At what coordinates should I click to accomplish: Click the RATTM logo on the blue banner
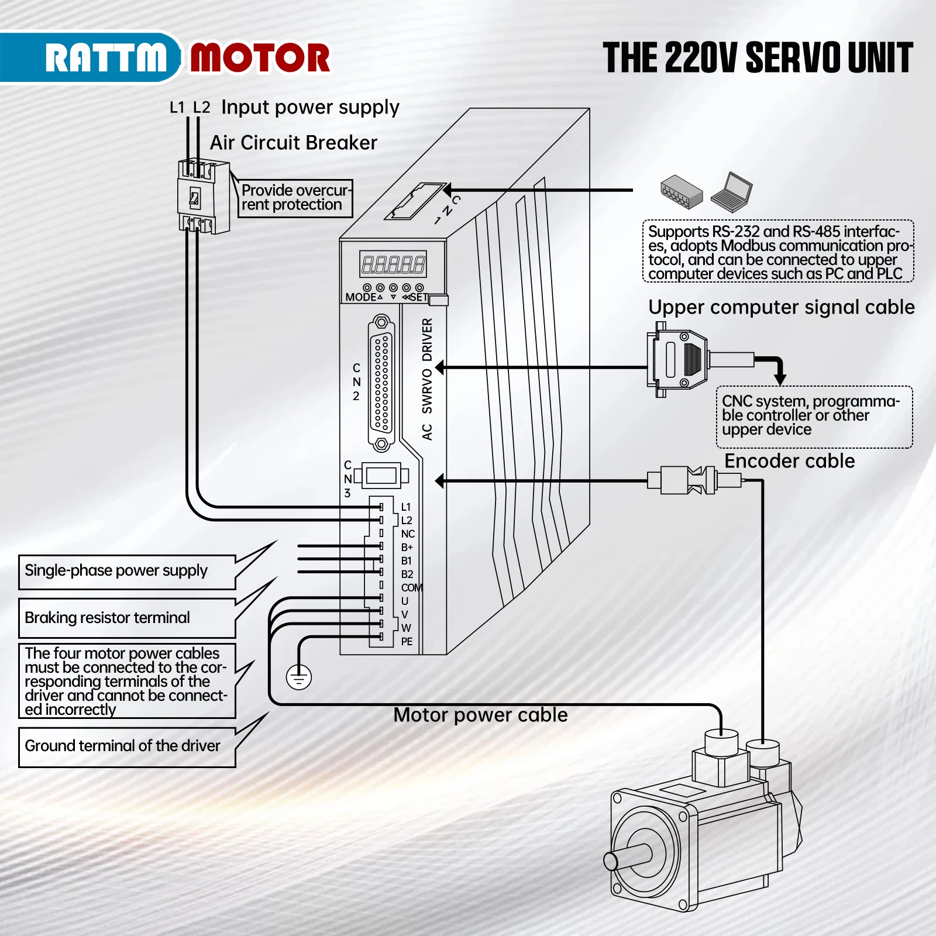[x=105, y=58]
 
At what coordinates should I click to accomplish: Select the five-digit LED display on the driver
[x=393, y=264]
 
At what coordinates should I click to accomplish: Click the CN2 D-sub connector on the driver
[x=381, y=383]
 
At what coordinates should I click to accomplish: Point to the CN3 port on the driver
[x=381, y=476]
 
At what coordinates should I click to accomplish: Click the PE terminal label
[x=407, y=642]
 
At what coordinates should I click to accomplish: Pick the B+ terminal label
[x=407, y=548]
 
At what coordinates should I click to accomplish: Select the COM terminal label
[x=411, y=587]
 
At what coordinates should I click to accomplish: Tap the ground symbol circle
[x=299, y=677]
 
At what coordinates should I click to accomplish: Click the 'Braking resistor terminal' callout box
[x=127, y=618]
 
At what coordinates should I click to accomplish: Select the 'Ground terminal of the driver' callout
[x=127, y=746]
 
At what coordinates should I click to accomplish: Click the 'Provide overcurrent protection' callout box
[x=295, y=198]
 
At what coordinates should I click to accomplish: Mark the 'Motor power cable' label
[x=480, y=715]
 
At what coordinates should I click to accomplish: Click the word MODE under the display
[x=360, y=297]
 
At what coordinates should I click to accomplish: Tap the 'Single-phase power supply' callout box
[x=127, y=572]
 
